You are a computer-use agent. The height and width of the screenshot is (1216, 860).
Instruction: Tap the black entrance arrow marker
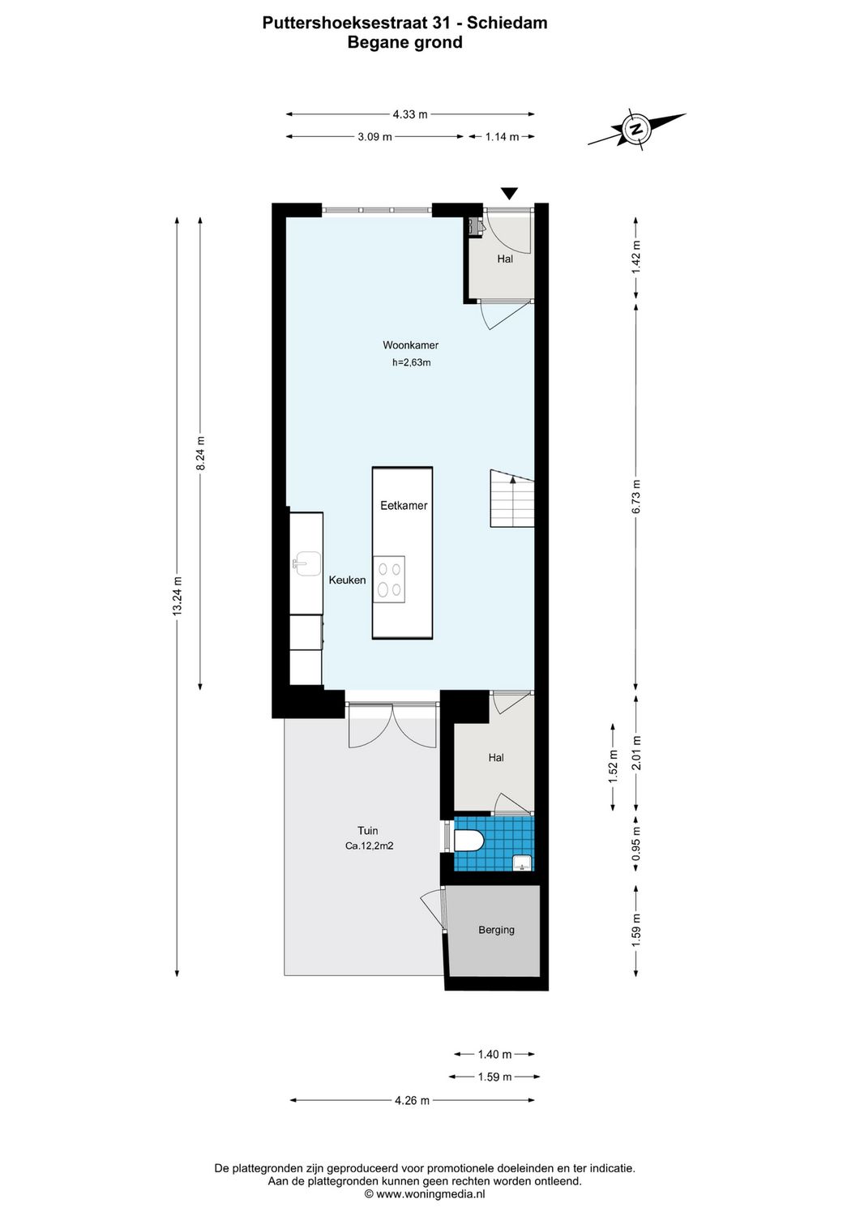pos(509,194)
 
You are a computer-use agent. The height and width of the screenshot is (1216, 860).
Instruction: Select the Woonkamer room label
pos(410,345)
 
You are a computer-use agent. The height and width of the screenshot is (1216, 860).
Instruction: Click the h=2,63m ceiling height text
pos(411,362)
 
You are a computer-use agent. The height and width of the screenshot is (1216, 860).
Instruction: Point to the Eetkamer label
pos(404,505)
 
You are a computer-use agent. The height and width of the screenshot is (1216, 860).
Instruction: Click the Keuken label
pos(347,580)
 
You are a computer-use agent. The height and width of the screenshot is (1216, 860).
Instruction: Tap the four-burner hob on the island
pos(389,580)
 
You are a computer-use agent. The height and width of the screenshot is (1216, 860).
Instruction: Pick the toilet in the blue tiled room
pos(469,840)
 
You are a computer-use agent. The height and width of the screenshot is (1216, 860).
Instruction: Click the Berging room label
pos(496,930)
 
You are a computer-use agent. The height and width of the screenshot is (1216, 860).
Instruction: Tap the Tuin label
pos(368,830)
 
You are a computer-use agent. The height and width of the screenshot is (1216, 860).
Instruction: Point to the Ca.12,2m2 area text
pos(369,846)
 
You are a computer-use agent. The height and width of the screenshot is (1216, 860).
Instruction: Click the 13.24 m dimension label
pos(178,596)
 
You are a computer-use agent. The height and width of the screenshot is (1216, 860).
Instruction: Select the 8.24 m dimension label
pos(200,452)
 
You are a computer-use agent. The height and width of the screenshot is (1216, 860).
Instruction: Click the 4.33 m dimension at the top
pos(409,114)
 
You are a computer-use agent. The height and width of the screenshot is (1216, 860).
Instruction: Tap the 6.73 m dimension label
pos(636,496)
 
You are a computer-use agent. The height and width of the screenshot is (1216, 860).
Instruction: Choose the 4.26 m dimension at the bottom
pos(412,1100)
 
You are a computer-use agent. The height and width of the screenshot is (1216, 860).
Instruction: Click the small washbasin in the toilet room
pos(523,863)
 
